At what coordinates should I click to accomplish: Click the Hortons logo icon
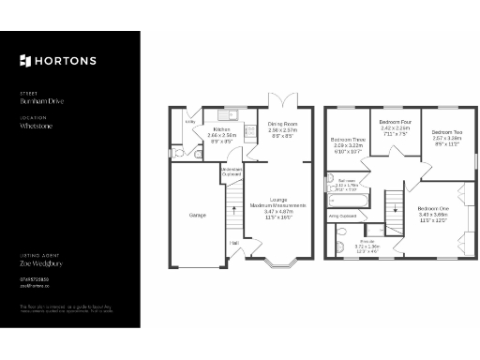(26, 61)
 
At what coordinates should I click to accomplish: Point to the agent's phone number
(35, 278)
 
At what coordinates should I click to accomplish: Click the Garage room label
(197, 215)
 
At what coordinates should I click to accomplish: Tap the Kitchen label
(221, 130)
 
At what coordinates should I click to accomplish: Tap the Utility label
(189, 121)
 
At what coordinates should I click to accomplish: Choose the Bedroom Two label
(448, 132)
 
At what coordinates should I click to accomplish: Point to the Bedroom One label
(433, 208)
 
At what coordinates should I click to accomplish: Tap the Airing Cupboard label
(342, 216)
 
